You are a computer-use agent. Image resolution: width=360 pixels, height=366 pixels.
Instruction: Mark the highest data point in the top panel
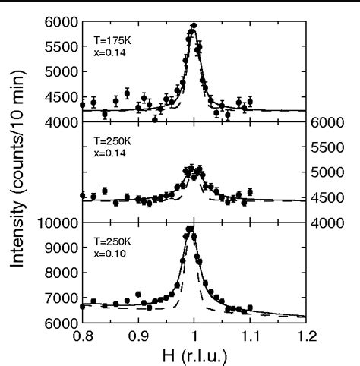pyautogui.click(x=194, y=26)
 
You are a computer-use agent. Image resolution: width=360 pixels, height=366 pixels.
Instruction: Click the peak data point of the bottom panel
pyautogui.click(x=191, y=228)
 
